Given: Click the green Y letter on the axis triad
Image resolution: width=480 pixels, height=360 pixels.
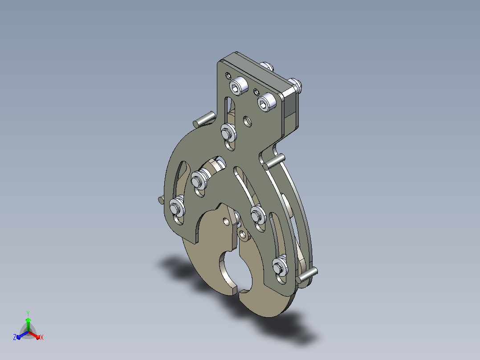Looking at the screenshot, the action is point(28,313).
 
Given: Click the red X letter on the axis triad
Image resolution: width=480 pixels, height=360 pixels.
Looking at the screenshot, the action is point(42,337).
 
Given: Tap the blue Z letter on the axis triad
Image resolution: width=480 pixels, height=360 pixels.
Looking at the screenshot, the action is point(14,337).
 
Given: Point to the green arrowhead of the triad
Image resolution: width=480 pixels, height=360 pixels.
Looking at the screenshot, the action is point(28,320).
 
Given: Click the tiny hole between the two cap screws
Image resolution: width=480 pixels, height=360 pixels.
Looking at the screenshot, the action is point(256,92).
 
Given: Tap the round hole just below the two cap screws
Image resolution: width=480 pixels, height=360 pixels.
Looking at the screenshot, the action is point(248,121).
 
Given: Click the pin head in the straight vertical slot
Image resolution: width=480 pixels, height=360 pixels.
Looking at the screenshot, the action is point(228,133).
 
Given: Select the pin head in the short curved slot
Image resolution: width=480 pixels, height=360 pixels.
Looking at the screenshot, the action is point(199,179).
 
